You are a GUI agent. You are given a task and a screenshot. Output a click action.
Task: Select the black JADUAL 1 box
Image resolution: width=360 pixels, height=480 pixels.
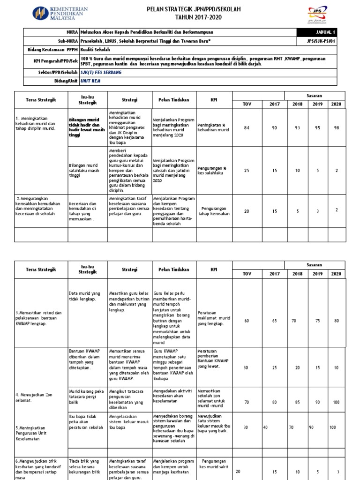point(317,32)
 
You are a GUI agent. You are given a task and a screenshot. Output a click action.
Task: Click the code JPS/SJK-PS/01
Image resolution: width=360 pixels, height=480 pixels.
point(317,41)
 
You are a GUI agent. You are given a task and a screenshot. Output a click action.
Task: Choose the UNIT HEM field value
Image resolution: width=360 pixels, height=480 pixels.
point(90,81)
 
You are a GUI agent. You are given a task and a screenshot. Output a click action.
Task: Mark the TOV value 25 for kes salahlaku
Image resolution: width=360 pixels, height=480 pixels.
point(247,171)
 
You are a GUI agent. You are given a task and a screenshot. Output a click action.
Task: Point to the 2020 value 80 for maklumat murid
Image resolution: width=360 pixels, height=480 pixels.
point(336,321)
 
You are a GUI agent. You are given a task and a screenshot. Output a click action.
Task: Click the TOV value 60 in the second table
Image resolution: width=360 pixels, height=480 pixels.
point(247,321)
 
